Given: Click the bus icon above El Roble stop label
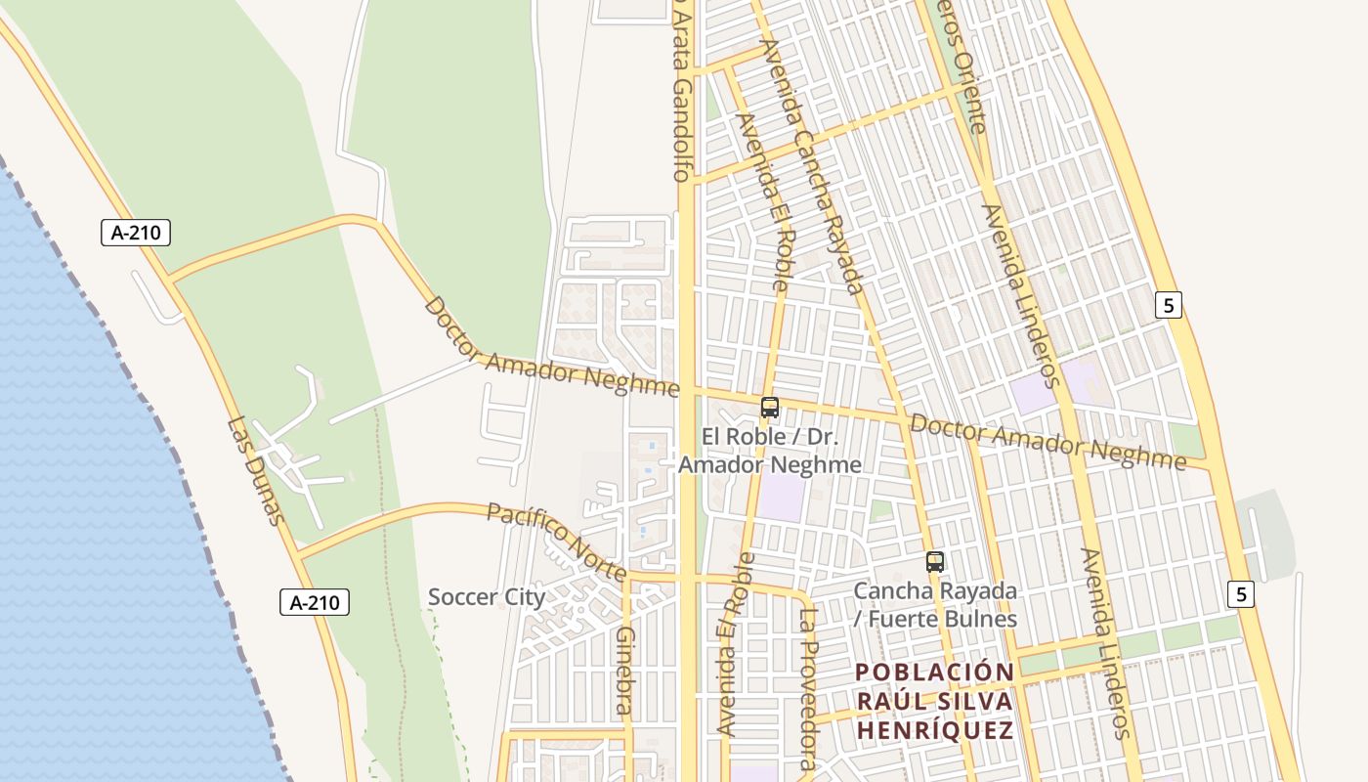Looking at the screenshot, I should pos(770,408).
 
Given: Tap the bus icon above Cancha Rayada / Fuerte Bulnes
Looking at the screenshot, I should pos(935,562).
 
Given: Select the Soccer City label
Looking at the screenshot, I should pos(487,596).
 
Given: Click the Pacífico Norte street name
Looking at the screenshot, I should pos(555,541).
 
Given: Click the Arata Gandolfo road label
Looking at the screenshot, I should pos(682,93).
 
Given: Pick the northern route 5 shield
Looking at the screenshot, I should pos(1169,305).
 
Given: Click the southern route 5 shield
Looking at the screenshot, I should pos(1241,593).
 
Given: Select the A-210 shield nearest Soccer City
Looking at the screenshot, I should pos(315,602).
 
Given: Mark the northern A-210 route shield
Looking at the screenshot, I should pos(136,233).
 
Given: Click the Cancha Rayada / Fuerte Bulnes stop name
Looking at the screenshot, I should pos(935,605).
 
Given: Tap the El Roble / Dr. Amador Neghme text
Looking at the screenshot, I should pos(770,450).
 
